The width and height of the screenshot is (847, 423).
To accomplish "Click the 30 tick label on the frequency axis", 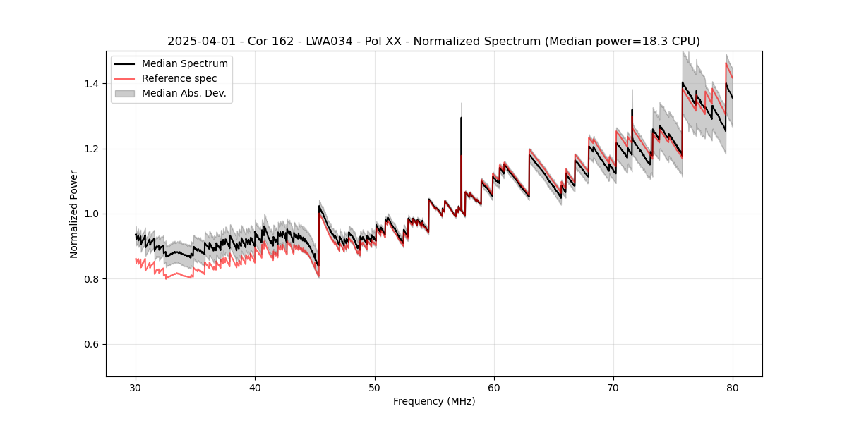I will (x=136, y=387).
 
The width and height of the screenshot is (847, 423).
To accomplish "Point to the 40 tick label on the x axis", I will (x=255, y=387).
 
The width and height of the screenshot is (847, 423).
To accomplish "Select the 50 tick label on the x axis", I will (x=374, y=387).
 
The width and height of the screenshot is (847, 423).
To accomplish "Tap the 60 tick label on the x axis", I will (x=494, y=387).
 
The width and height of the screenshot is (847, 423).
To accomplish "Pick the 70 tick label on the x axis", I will (x=613, y=387).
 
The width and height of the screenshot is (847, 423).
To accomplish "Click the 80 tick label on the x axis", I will (x=733, y=387).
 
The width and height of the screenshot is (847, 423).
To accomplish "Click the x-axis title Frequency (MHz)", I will (x=434, y=401).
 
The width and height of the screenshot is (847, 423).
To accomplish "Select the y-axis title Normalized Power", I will (x=74, y=214).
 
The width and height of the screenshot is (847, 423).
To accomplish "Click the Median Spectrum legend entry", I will (x=184, y=64).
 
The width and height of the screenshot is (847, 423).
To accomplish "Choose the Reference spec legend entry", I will (x=179, y=78).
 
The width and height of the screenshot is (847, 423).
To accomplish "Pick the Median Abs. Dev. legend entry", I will (x=184, y=93).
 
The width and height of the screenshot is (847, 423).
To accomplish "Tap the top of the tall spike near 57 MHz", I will (x=461, y=118).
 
